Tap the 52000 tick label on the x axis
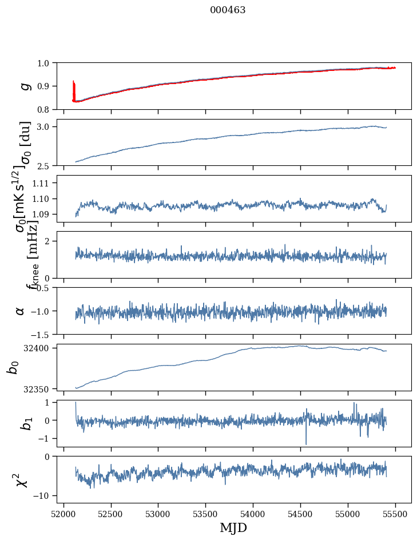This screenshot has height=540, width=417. (x=63, y=514)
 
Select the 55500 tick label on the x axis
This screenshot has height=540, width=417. (x=395, y=514)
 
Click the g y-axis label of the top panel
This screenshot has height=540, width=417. (x=23, y=86)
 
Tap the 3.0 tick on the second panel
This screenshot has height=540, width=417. (x=45, y=126)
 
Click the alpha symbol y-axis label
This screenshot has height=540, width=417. (x=21, y=311)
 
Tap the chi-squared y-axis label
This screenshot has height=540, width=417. (x=22, y=480)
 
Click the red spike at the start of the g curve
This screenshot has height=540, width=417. (x=74, y=89)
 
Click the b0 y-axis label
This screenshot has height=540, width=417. (x=13, y=367)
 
